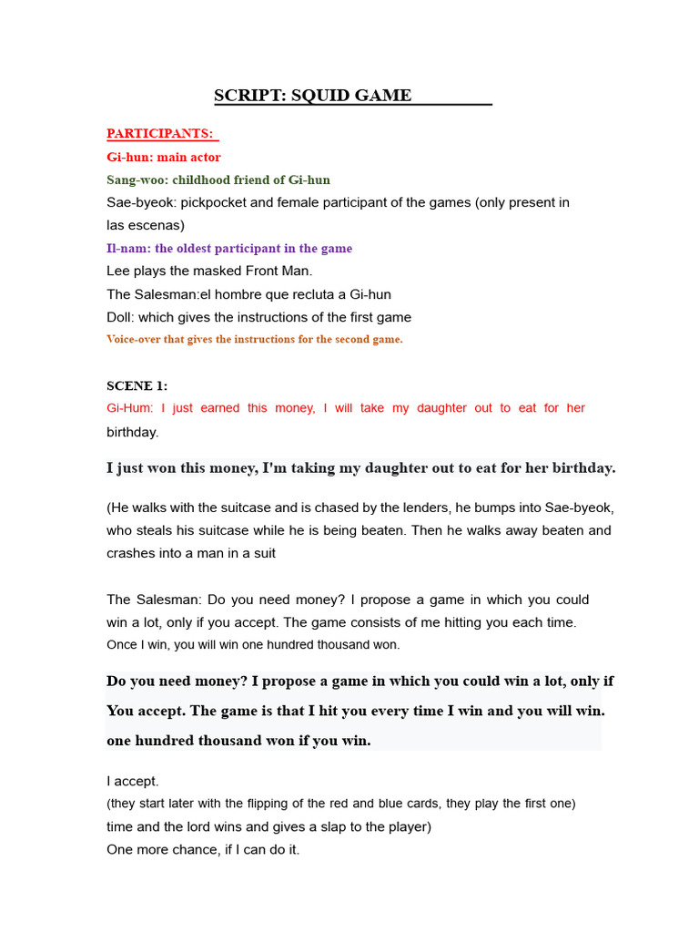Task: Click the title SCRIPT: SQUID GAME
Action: pyautogui.click(x=312, y=96)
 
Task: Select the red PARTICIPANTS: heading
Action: pyautogui.click(x=160, y=134)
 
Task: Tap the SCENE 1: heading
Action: pyautogui.click(x=137, y=385)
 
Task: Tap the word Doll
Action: pyautogui.click(x=120, y=317)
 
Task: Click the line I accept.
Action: pyautogui.click(x=133, y=781)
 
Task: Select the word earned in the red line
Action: pyautogui.click(x=220, y=408)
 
